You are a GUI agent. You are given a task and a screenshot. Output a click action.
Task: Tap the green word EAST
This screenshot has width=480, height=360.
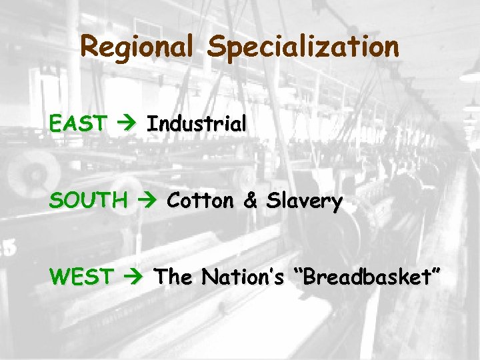(x=78, y=123)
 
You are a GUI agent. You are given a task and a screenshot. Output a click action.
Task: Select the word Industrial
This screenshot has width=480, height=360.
(x=197, y=123)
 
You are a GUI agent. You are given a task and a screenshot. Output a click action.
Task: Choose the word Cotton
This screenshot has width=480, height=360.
(x=201, y=201)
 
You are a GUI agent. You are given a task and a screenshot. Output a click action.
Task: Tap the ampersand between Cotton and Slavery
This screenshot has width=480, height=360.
(x=250, y=201)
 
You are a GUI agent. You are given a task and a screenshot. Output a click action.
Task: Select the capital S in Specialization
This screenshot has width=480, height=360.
(x=215, y=47)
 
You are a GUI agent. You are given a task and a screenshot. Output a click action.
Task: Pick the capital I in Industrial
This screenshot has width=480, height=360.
(x=151, y=123)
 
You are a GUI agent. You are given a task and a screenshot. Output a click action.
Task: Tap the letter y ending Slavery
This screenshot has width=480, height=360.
(x=337, y=204)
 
